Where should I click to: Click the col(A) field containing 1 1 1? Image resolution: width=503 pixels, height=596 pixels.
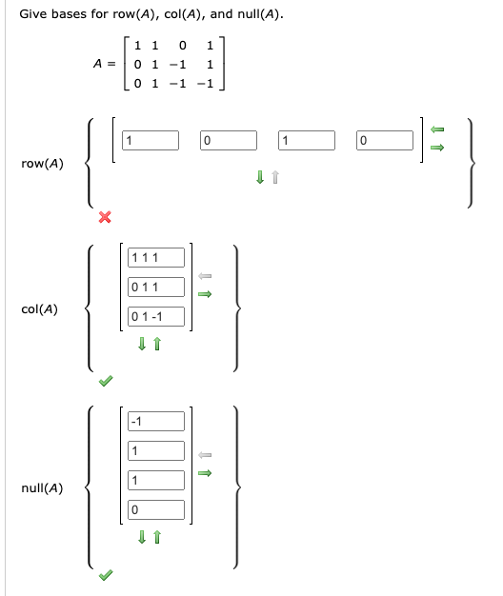point(156,257)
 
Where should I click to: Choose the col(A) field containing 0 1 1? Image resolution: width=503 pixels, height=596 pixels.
point(156,287)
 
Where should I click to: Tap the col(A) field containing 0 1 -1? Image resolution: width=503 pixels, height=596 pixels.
point(156,317)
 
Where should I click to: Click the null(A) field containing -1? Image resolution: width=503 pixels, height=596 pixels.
point(156,421)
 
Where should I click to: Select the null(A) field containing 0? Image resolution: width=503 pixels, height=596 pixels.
point(156,510)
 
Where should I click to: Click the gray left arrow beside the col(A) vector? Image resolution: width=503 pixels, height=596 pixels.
point(203,276)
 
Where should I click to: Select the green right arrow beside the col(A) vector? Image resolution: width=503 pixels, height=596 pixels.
point(203,295)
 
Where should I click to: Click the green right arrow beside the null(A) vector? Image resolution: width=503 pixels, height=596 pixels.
point(203,471)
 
